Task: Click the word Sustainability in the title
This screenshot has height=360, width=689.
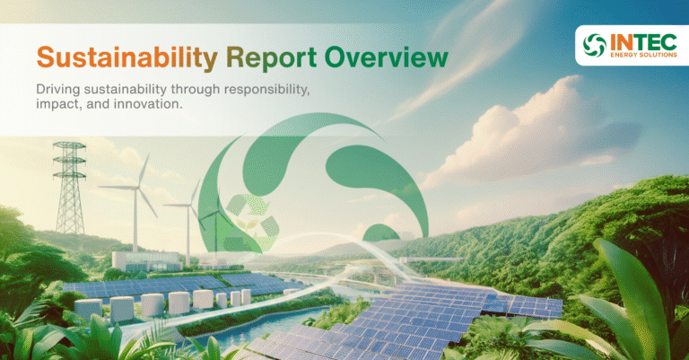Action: click(x=126, y=58)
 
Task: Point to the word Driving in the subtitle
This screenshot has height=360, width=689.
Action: click(x=59, y=91)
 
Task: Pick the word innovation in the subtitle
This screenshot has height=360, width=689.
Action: click(x=132, y=107)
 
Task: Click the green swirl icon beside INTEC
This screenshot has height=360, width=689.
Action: click(x=593, y=44)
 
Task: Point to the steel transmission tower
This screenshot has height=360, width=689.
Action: click(x=68, y=193)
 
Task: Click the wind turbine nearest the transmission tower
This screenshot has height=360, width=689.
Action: click(x=137, y=202)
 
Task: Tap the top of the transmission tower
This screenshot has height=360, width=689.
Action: click(x=68, y=144)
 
